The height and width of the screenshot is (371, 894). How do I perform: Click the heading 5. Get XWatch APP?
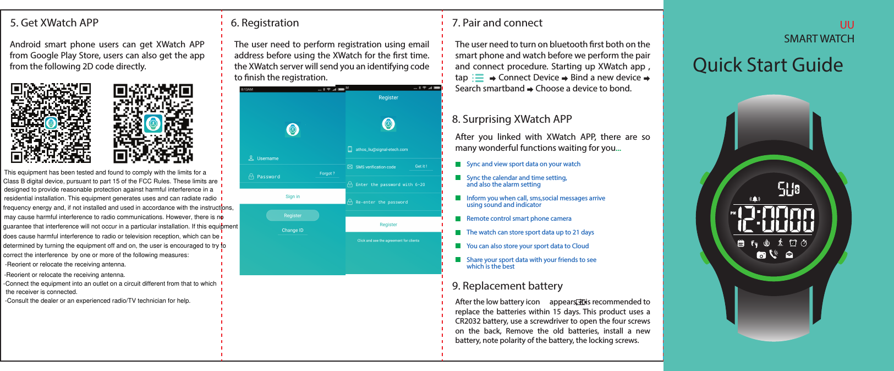[54, 23]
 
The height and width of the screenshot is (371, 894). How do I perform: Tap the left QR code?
[51, 123]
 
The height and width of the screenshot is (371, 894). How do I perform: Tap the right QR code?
[153, 123]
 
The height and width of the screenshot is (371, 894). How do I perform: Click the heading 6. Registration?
[265, 23]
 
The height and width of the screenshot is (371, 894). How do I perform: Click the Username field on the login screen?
[268, 159]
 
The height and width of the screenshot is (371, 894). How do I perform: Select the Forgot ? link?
[327, 173]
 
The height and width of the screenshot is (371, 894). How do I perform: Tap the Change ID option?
[293, 231]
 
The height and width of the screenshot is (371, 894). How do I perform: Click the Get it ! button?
[421, 166]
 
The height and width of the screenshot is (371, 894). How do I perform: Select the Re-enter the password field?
[382, 203]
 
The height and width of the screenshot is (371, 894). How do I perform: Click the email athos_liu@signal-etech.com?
[382, 150]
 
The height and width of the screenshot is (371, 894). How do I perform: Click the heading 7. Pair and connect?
[497, 23]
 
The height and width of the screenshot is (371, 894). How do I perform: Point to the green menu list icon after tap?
[479, 78]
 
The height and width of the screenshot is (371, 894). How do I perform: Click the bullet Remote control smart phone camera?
[518, 219]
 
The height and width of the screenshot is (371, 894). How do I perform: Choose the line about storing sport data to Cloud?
[527, 246]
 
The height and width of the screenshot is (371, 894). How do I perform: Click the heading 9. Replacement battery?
[507, 286]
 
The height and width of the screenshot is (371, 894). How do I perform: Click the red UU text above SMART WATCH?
[847, 25]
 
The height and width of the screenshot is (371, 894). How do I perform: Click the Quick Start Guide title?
[767, 66]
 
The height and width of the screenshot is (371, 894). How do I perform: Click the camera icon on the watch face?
[761, 255]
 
